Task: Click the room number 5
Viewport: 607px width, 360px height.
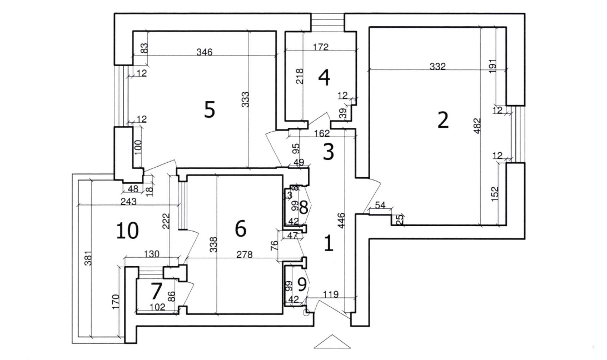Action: click(x=209, y=110)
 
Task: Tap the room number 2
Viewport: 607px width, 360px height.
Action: click(x=442, y=120)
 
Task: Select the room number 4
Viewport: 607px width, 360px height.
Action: click(x=324, y=78)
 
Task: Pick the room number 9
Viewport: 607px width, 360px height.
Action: click(x=302, y=284)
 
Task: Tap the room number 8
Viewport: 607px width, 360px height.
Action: click(x=303, y=208)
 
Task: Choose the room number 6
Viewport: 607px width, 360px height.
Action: click(x=240, y=228)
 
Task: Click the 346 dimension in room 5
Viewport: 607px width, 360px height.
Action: click(x=205, y=52)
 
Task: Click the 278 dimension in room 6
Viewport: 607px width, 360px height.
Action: click(x=245, y=256)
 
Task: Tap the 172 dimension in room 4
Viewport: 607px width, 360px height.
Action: click(x=320, y=48)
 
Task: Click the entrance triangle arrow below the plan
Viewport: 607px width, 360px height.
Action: click(x=332, y=342)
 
